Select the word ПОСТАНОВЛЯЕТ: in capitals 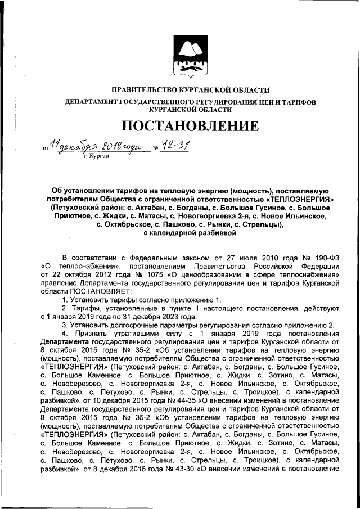tap(100, 292)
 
